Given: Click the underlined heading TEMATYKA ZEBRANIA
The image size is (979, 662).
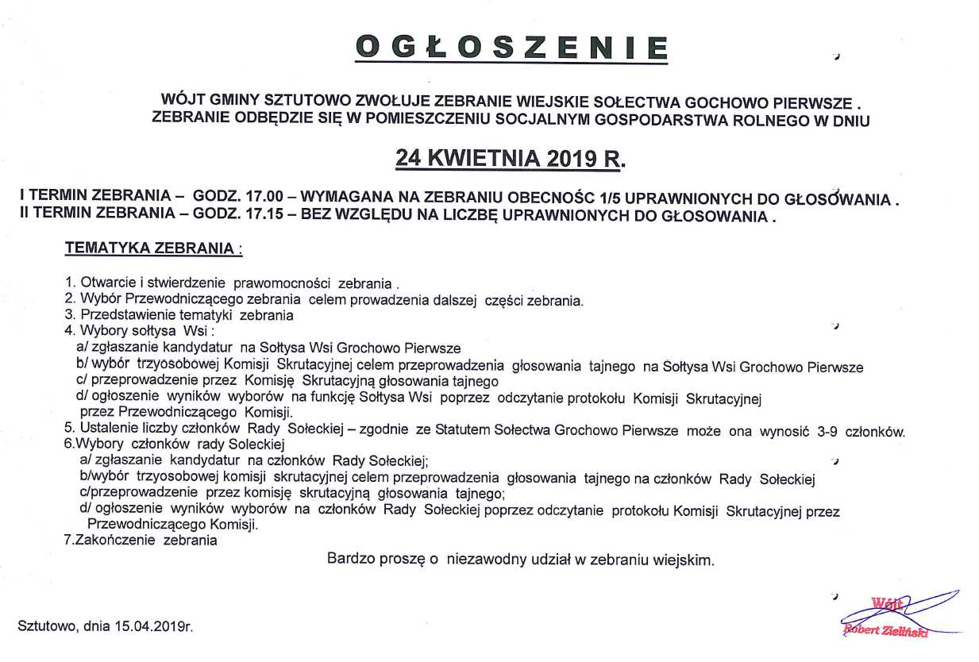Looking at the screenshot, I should click(149, 248).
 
